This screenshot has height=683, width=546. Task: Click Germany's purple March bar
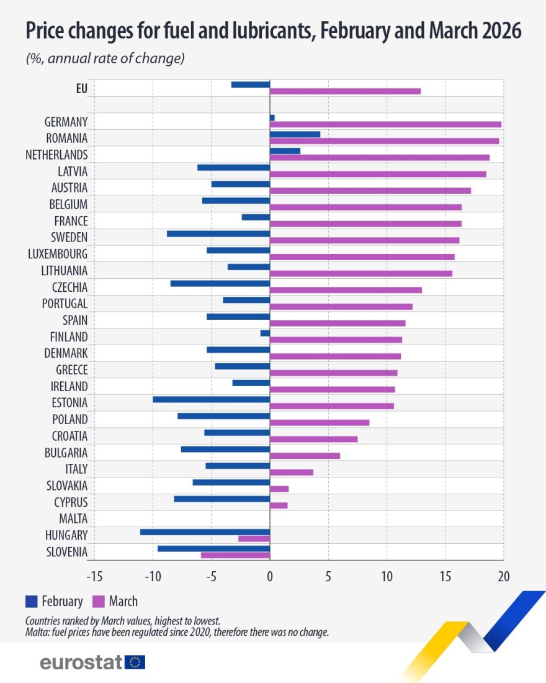385,124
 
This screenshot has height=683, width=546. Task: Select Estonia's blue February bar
211,399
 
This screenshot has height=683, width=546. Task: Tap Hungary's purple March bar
254,538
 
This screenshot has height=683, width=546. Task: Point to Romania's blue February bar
295,134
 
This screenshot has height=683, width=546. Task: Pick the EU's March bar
345,91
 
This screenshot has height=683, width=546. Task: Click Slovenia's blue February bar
213,548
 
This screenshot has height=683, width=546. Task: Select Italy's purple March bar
292,472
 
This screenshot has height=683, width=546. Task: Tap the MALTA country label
73,518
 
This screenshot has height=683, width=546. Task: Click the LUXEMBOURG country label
58,253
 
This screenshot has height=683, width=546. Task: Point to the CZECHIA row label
69,287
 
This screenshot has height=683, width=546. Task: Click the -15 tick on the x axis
94,576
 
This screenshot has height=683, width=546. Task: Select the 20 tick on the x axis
503,576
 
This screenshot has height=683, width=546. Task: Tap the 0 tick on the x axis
270,576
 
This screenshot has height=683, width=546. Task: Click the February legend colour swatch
32,601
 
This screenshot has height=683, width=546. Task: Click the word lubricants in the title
254,30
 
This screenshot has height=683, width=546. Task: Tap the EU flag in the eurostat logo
135,663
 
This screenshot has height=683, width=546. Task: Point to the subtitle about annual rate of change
105,59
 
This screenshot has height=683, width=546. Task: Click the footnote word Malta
37,632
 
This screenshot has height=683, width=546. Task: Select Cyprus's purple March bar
279,505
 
